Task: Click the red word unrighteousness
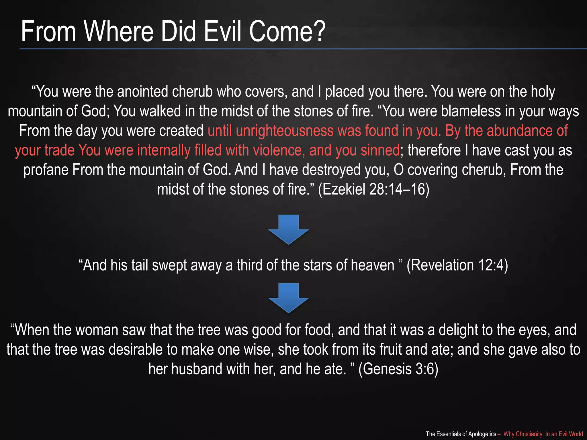(285, 131)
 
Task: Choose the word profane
(46, 170)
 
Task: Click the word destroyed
(331, 170)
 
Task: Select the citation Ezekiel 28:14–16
(374, 189)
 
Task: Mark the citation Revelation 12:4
(457, 265)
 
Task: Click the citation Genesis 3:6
(398, 369)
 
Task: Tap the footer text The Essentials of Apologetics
(461, 434)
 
